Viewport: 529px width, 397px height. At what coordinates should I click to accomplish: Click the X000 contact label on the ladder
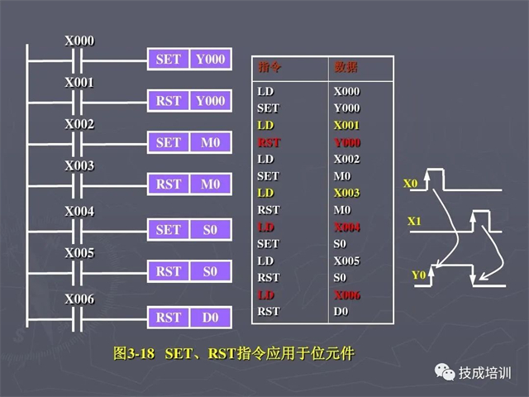[79, 41]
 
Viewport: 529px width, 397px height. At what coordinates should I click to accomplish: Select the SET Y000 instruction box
[189, 59]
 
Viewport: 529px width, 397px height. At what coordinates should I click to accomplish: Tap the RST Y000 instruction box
[189, 101]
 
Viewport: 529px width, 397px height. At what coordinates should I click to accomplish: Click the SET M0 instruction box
[189, 142]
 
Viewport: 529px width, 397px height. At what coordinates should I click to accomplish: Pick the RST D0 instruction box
[189, 318]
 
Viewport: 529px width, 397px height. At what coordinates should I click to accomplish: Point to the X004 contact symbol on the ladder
[77, 232]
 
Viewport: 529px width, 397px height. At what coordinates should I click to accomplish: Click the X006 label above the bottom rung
[79, 299]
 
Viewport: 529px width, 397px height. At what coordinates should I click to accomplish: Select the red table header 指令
[269, 67]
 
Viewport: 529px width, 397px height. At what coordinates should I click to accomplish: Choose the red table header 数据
[346, 67]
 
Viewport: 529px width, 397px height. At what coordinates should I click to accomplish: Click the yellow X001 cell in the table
[346, 125]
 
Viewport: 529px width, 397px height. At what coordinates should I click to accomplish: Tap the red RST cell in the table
[269, 142]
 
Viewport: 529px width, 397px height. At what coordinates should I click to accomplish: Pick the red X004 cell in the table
[347, 227]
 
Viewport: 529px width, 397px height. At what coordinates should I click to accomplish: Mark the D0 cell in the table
[341, 311]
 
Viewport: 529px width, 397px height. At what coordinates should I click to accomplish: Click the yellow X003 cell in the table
[346, 193]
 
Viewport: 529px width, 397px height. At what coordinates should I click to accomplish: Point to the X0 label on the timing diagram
[411, 184]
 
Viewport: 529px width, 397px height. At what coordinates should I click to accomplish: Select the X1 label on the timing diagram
[414, 221]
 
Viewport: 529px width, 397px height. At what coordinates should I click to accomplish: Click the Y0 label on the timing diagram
[419, 275]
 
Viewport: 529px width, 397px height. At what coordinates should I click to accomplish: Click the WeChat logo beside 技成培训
[445, 372]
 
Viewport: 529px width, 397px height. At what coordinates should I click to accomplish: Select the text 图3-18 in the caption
[134, 353]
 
